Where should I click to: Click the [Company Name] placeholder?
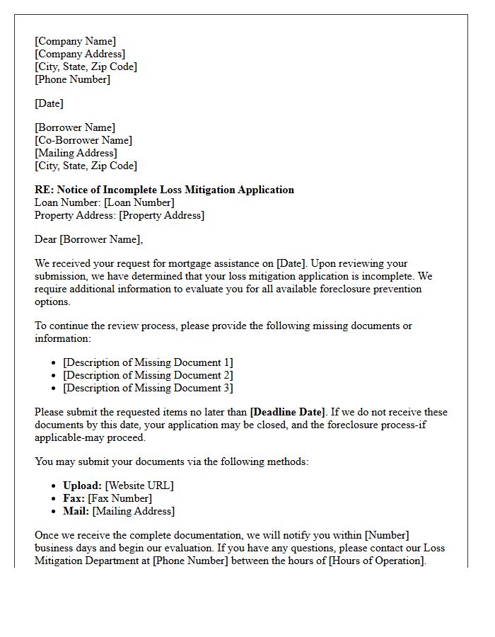click(75, 41)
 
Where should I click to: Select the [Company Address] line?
click(80, 54)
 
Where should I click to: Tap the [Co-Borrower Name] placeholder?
click(83, 140)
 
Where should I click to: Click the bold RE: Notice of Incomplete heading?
click(164, 190)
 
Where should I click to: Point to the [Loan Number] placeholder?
click(139, 202)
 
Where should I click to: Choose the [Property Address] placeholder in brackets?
click(161, 215)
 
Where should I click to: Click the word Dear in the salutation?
click(46, 239)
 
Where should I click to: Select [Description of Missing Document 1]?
click(148, 362)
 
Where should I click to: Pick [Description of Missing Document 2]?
click(148, 375)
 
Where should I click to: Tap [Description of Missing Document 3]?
click(148, 388)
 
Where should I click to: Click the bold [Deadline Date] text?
click(288, 412)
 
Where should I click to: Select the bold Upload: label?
click(82, 486)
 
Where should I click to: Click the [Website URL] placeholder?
click(139, 486)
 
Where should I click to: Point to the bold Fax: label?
click(74, 498)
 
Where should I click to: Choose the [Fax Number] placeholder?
click(120, 498)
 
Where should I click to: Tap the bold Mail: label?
click(76, 511)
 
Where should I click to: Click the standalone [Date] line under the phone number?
click(49, 103)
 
